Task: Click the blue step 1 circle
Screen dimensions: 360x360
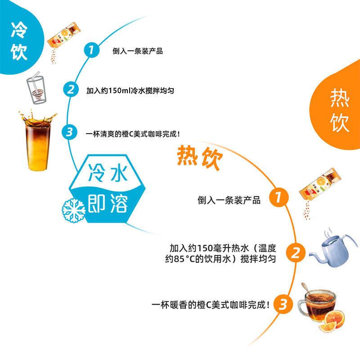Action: tap(91, 50)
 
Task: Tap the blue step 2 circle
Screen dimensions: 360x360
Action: tap(71, 89)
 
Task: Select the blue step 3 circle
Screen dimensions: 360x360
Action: tap(69, 132)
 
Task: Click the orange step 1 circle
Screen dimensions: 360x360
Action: tap(279, 197)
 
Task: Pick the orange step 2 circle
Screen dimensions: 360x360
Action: tap(296, 252)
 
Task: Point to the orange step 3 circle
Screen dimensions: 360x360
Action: tap(283, 304)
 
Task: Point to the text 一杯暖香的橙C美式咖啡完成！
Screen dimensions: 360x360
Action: tap(211, 305)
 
